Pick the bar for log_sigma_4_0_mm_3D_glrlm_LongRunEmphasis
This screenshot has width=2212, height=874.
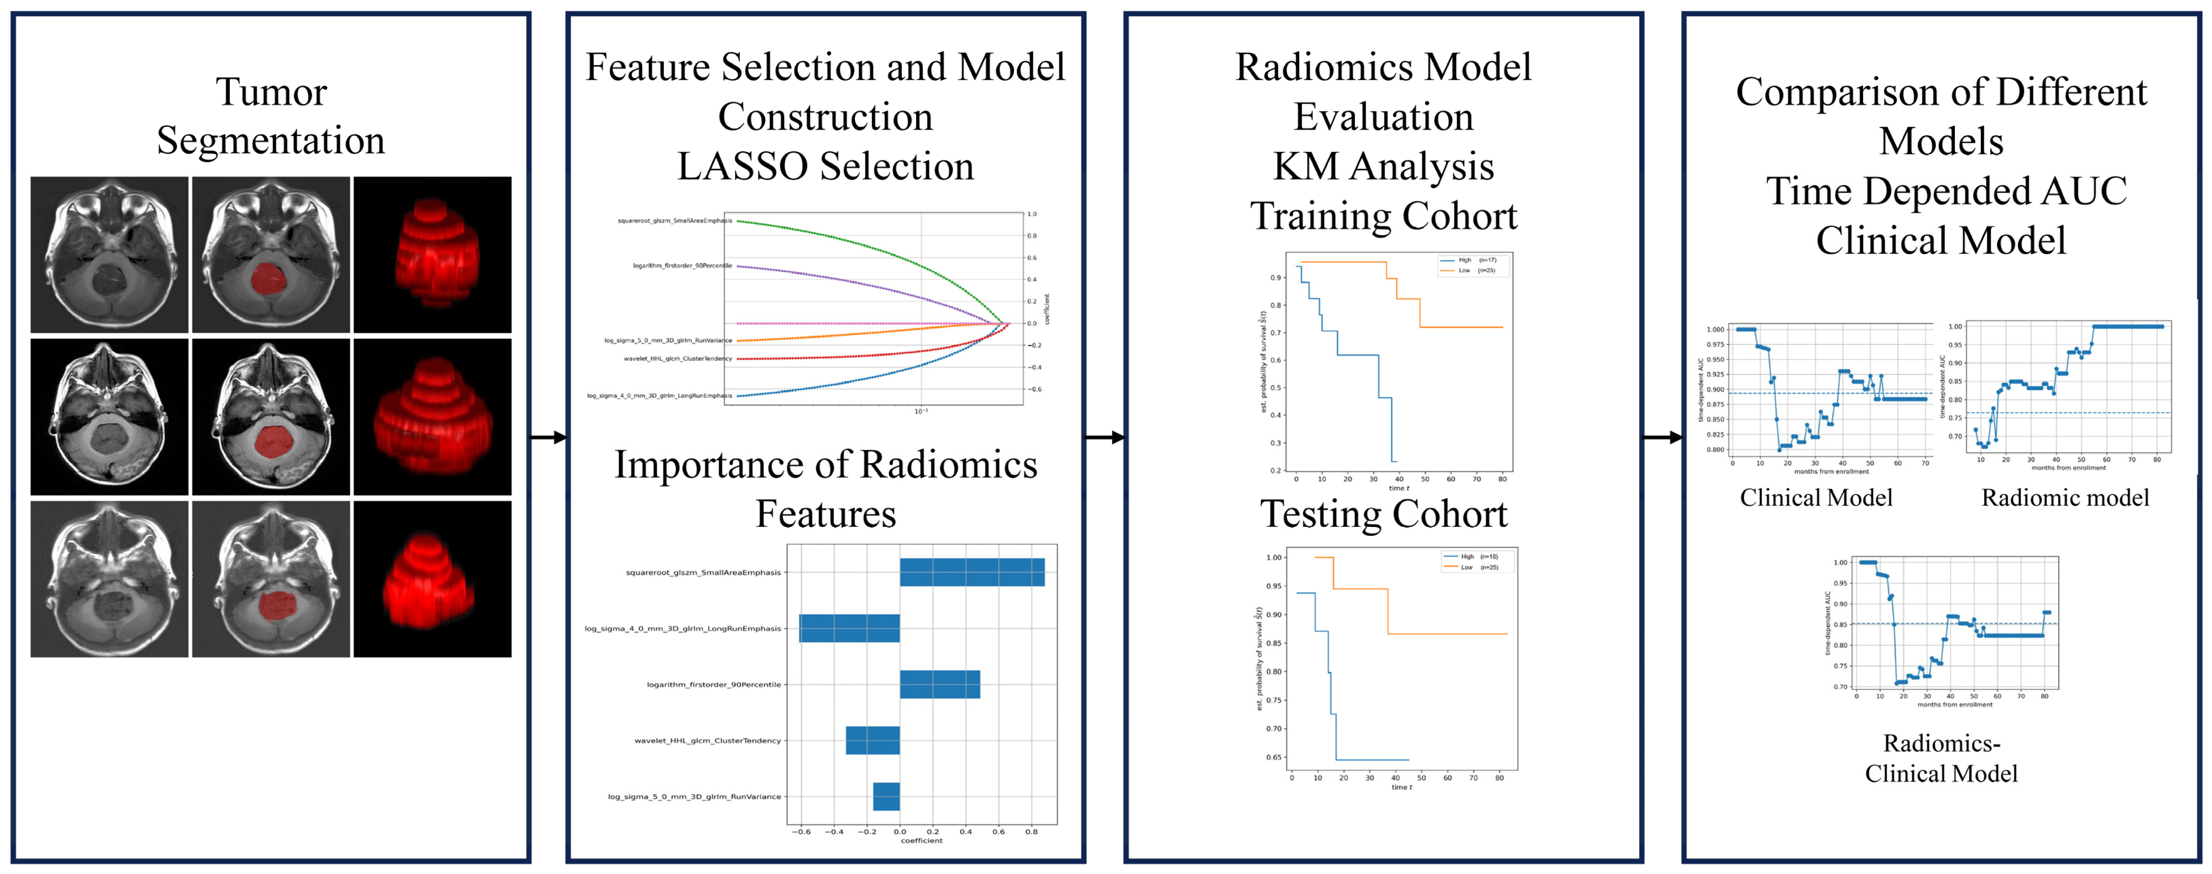tap(849, 629)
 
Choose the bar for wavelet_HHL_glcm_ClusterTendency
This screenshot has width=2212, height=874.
tap(872, 740)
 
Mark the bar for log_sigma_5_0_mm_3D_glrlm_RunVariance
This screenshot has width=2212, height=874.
tap(886, 797)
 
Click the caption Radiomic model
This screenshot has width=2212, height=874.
tap(2064, 498)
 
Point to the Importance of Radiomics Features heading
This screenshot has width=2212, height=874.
tap(825, 489)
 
